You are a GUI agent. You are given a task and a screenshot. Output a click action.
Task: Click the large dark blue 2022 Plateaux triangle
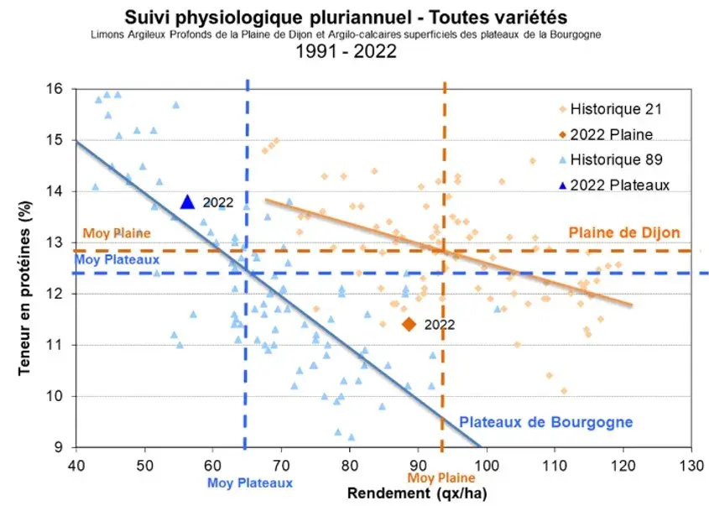tap(188, 201)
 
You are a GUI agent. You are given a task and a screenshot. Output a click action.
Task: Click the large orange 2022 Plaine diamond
tap(409, 324)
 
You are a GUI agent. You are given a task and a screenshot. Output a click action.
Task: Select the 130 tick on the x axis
tap(691, 464)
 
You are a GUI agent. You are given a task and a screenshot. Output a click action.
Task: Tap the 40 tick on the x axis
tap(76, 464)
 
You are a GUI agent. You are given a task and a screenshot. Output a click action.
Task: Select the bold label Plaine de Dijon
tap(624, 232)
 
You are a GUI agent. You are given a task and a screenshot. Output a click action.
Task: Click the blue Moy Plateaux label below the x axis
tap(250, 483)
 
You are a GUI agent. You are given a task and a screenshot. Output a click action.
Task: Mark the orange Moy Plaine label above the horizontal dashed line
tap(116, 232)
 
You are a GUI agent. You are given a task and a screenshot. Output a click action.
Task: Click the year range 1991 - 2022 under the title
tap(346, 52)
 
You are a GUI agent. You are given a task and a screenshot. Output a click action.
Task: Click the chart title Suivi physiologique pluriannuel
tap(345, 16)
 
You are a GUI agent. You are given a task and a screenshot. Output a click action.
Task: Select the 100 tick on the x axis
tap(486, 464)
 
